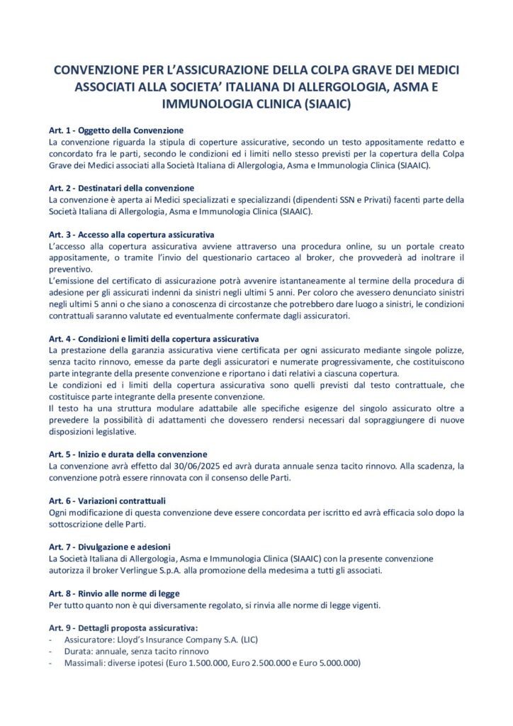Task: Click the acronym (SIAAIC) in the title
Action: point(325,104)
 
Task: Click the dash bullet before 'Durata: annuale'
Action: point(51,651)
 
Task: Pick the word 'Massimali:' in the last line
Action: point(84,662)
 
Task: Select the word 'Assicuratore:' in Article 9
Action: point(88,640)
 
